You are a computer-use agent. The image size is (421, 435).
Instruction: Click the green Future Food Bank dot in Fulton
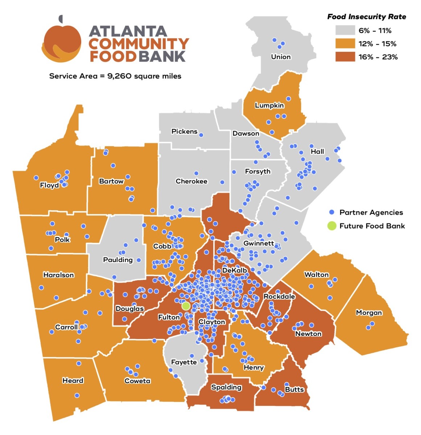(x=186, y=306)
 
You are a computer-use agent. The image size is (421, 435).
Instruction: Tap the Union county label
(x=281, y=57)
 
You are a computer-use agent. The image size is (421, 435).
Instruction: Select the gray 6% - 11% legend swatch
(x=345, y=30)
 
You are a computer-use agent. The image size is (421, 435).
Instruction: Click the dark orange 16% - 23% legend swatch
(x=345, y=57)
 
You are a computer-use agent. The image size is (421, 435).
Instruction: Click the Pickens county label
(x=184, y=132)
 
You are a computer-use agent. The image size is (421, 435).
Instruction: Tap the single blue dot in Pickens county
(x=201, y=135)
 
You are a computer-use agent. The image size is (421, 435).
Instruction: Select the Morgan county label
(x=369, y=312)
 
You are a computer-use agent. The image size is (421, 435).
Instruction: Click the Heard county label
(x=73, y=380)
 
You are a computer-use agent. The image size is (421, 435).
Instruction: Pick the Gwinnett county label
(x=259, y=243)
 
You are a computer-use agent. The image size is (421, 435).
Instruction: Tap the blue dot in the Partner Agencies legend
(x=331, y=212)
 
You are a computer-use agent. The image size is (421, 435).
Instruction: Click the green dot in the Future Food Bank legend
(x=331, y=226)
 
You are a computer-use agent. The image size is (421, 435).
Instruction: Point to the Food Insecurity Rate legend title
(x=367, y=17)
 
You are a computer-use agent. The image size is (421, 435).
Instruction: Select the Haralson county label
(x=58, y=275)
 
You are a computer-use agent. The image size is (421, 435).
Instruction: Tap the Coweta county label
(x=137, y=381)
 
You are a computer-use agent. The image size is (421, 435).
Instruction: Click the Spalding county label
(x=226, y=387)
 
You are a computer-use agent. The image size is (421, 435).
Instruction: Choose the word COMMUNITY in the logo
(x=139, y=44)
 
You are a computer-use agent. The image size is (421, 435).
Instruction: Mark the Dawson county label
(x=246, y=133)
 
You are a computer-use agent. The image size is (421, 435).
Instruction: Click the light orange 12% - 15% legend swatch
(x=345, y=43)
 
